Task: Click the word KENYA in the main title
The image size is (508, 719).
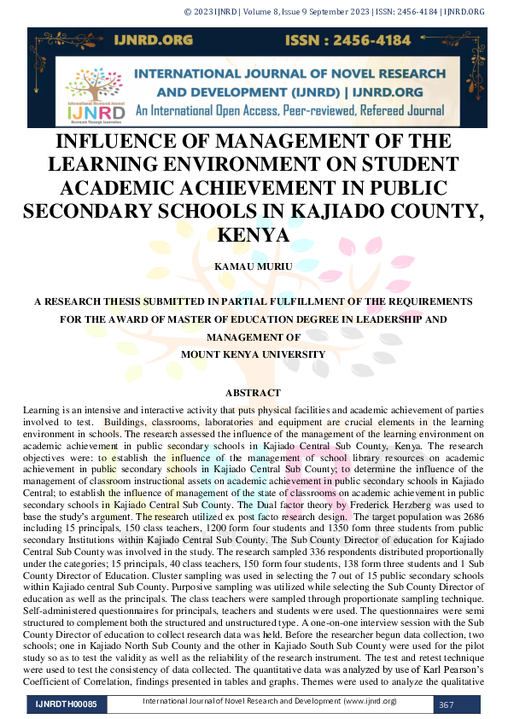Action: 254,234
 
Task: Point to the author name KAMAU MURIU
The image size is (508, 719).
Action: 253,267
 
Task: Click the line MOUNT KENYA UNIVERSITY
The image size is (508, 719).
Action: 253,354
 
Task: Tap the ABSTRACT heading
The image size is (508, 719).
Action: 253,393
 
